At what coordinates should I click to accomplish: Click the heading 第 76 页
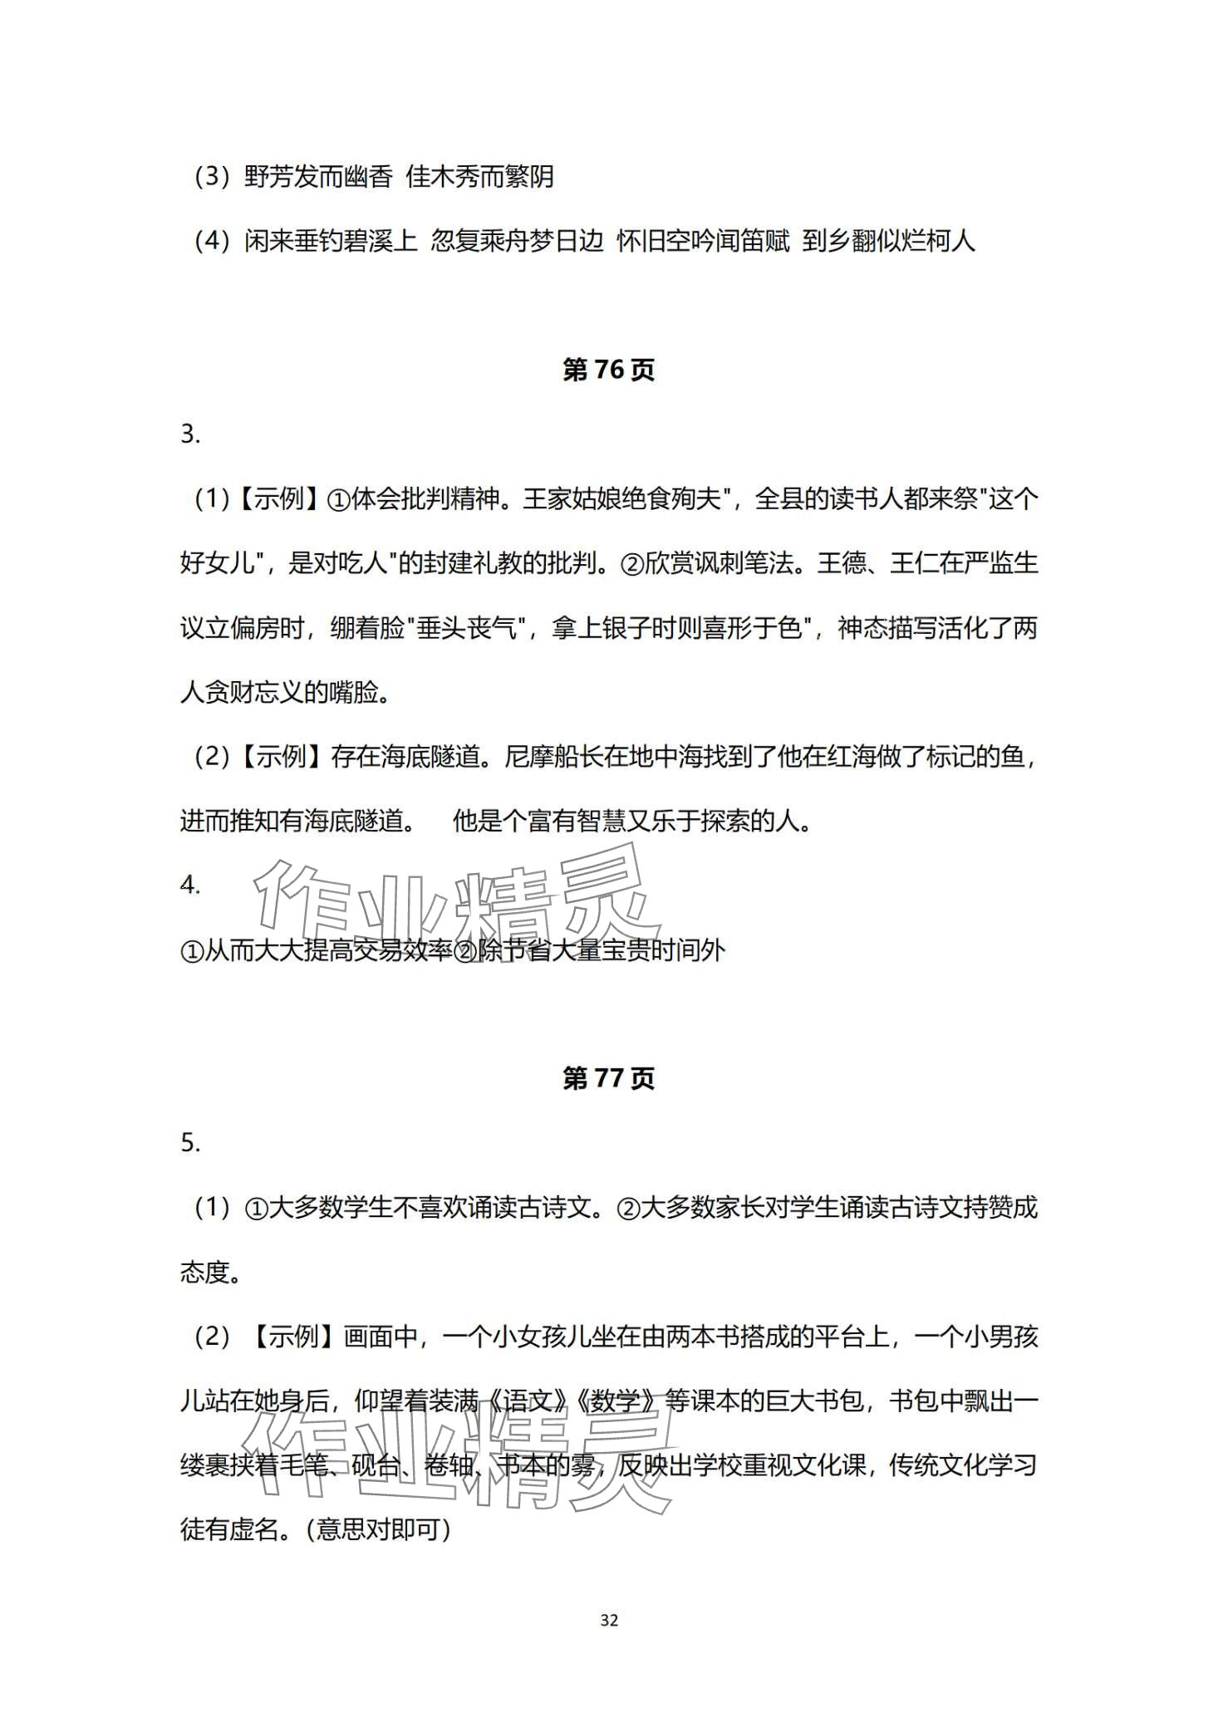point(608,370)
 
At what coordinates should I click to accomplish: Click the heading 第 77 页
point(608,1079)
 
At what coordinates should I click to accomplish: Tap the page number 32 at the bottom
point(609,1620)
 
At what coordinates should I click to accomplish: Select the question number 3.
point(190,434)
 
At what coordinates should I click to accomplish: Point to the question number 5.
point(190,1143)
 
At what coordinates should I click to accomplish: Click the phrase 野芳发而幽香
point(318,178)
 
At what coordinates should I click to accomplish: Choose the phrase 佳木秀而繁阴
point(479,178)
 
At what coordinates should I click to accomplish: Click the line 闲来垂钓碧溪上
point(331,242)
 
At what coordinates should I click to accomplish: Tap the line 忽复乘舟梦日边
point(517,242)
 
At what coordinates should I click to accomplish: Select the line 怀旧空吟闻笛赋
point(703,242)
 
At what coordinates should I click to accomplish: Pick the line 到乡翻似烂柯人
point(888,242)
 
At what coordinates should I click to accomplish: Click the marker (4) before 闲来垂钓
point(211,242)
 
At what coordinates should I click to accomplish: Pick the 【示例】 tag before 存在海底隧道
point(281,758)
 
